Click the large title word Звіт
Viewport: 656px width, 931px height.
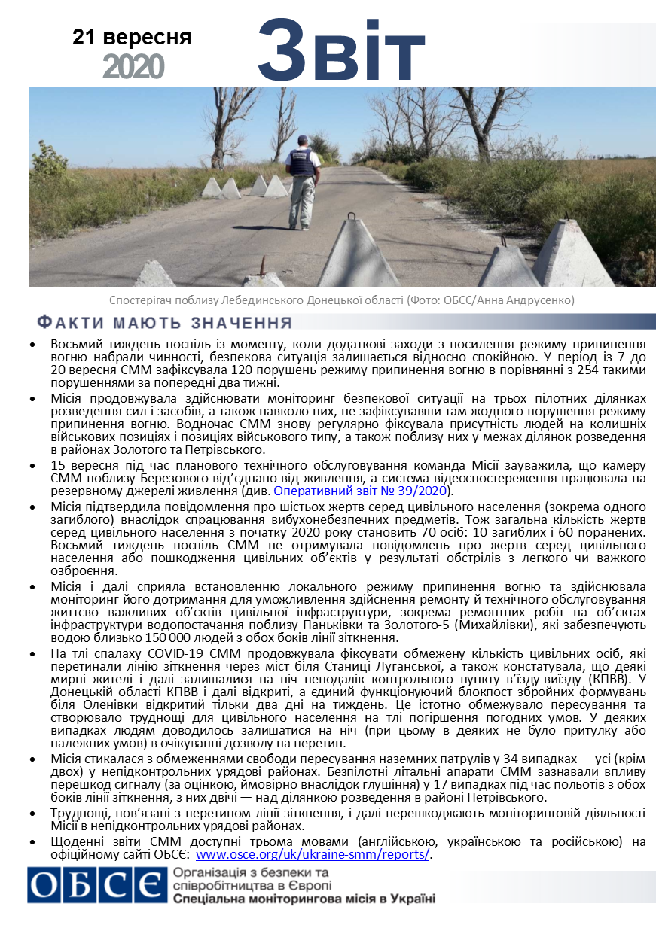pyautogui.click(x=342, y=50)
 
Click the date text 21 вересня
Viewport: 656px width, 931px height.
pyautogui.click(x=132, y=37)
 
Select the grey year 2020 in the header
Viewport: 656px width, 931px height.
pyautogui.click(x=133, y=67)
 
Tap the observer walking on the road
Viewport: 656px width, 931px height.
pyautogui.click(x=304, y=180)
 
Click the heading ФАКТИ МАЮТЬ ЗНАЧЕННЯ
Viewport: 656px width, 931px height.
pyautogui.click(x=165, y=324)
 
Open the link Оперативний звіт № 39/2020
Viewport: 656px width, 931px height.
pyautogui.click(x=362, y=491)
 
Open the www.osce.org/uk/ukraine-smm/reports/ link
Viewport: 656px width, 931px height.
pyautogui.click(x=312, y=854)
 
